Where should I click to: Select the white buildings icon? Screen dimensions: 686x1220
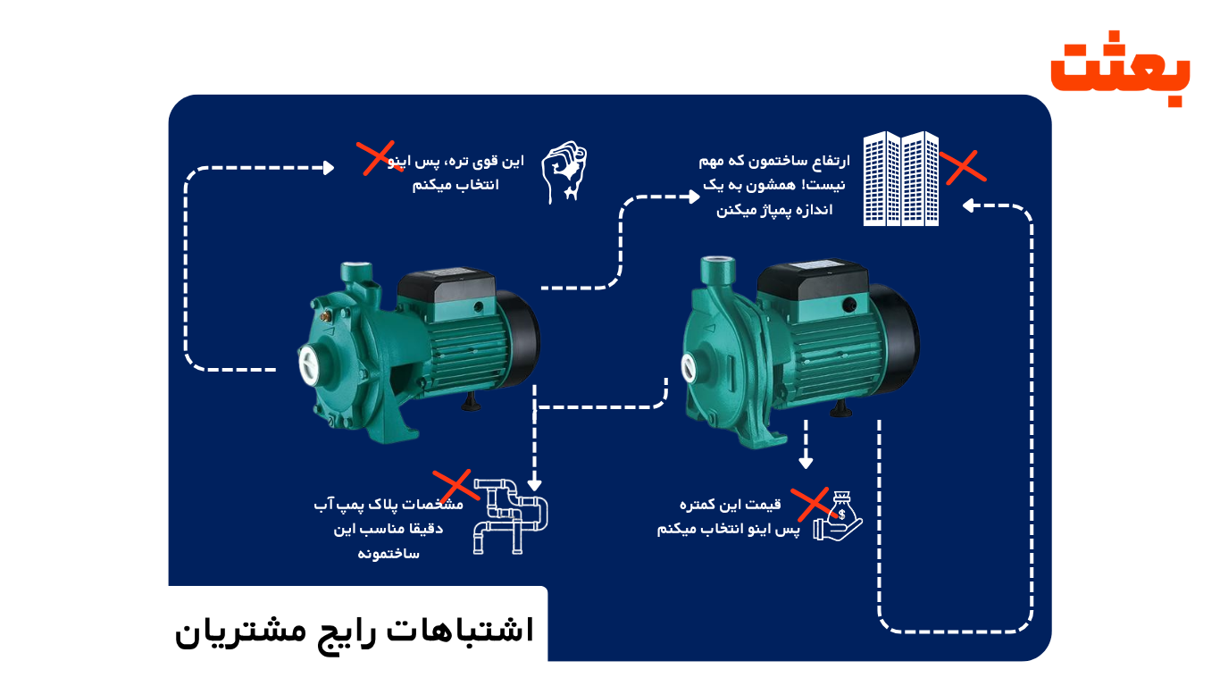(900, 179)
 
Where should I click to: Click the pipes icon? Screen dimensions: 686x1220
(510, 517)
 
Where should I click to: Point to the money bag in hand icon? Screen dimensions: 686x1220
(838, 520)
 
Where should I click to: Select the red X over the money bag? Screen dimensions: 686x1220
(813, 505)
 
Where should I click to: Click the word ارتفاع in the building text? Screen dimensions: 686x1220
(828, 161)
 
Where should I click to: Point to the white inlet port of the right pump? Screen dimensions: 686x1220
(689, 367)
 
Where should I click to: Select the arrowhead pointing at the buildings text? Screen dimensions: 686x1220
(695, 197)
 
